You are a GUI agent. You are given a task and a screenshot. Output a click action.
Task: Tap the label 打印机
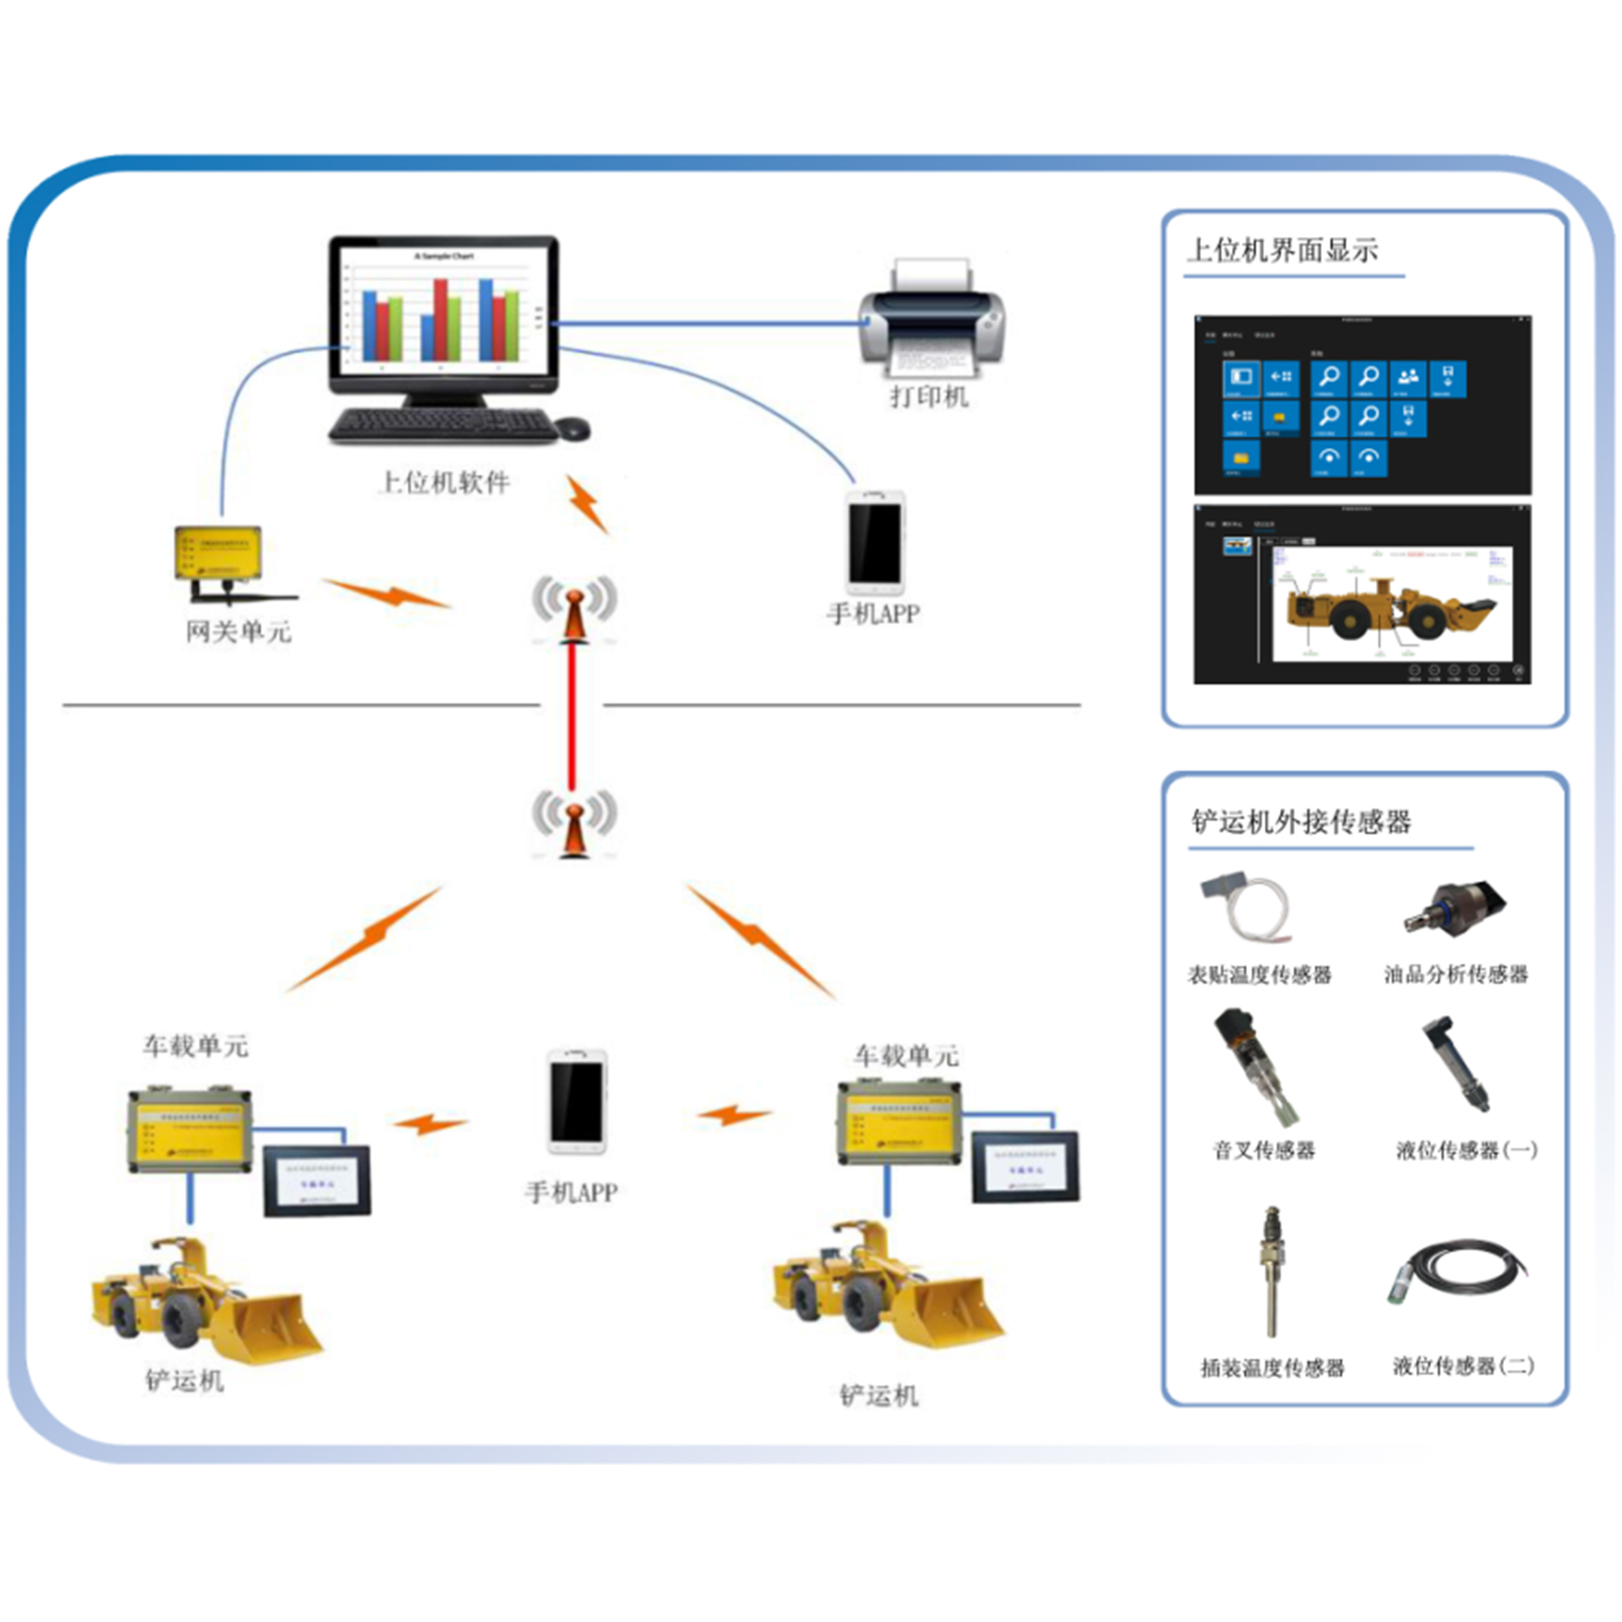click(x=929, y=397)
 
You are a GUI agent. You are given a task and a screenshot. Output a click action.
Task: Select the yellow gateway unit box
click(x=218, y=553)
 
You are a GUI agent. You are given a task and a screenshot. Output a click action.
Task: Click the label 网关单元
click(x=238, y=631)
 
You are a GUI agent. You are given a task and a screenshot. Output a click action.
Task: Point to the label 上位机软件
click(x=444, y=483)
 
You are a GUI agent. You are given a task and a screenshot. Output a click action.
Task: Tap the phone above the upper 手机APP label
click(x=875, y=542)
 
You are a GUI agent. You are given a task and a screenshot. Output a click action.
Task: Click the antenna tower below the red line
click(x=574, y=827)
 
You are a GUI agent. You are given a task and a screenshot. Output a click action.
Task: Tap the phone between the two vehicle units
click(x=577, y=1101)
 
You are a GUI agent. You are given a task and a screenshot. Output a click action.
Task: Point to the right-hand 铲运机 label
click(x=878, y=1396)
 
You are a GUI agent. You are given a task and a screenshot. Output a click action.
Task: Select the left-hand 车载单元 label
click(x=195, y=1046)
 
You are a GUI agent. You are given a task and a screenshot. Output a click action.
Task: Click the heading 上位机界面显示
click(x=1282, y=250)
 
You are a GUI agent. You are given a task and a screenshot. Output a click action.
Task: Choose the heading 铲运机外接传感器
click(x=1301, y=821)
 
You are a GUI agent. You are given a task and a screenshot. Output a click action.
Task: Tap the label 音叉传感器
click(x=1264, y=1150)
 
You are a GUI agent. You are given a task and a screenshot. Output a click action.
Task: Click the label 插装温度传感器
click(x=1272, y=1369)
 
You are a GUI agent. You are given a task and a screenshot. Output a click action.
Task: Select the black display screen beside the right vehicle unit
click(x=1026, y=1166)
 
